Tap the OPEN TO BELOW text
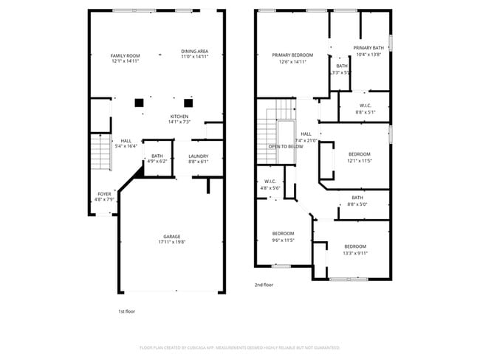point(285,147)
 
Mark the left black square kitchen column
point(139,103)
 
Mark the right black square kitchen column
point(188,103)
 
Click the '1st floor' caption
point(126,311)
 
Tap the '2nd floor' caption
point(264,285)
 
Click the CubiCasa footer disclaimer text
point(239,347)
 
